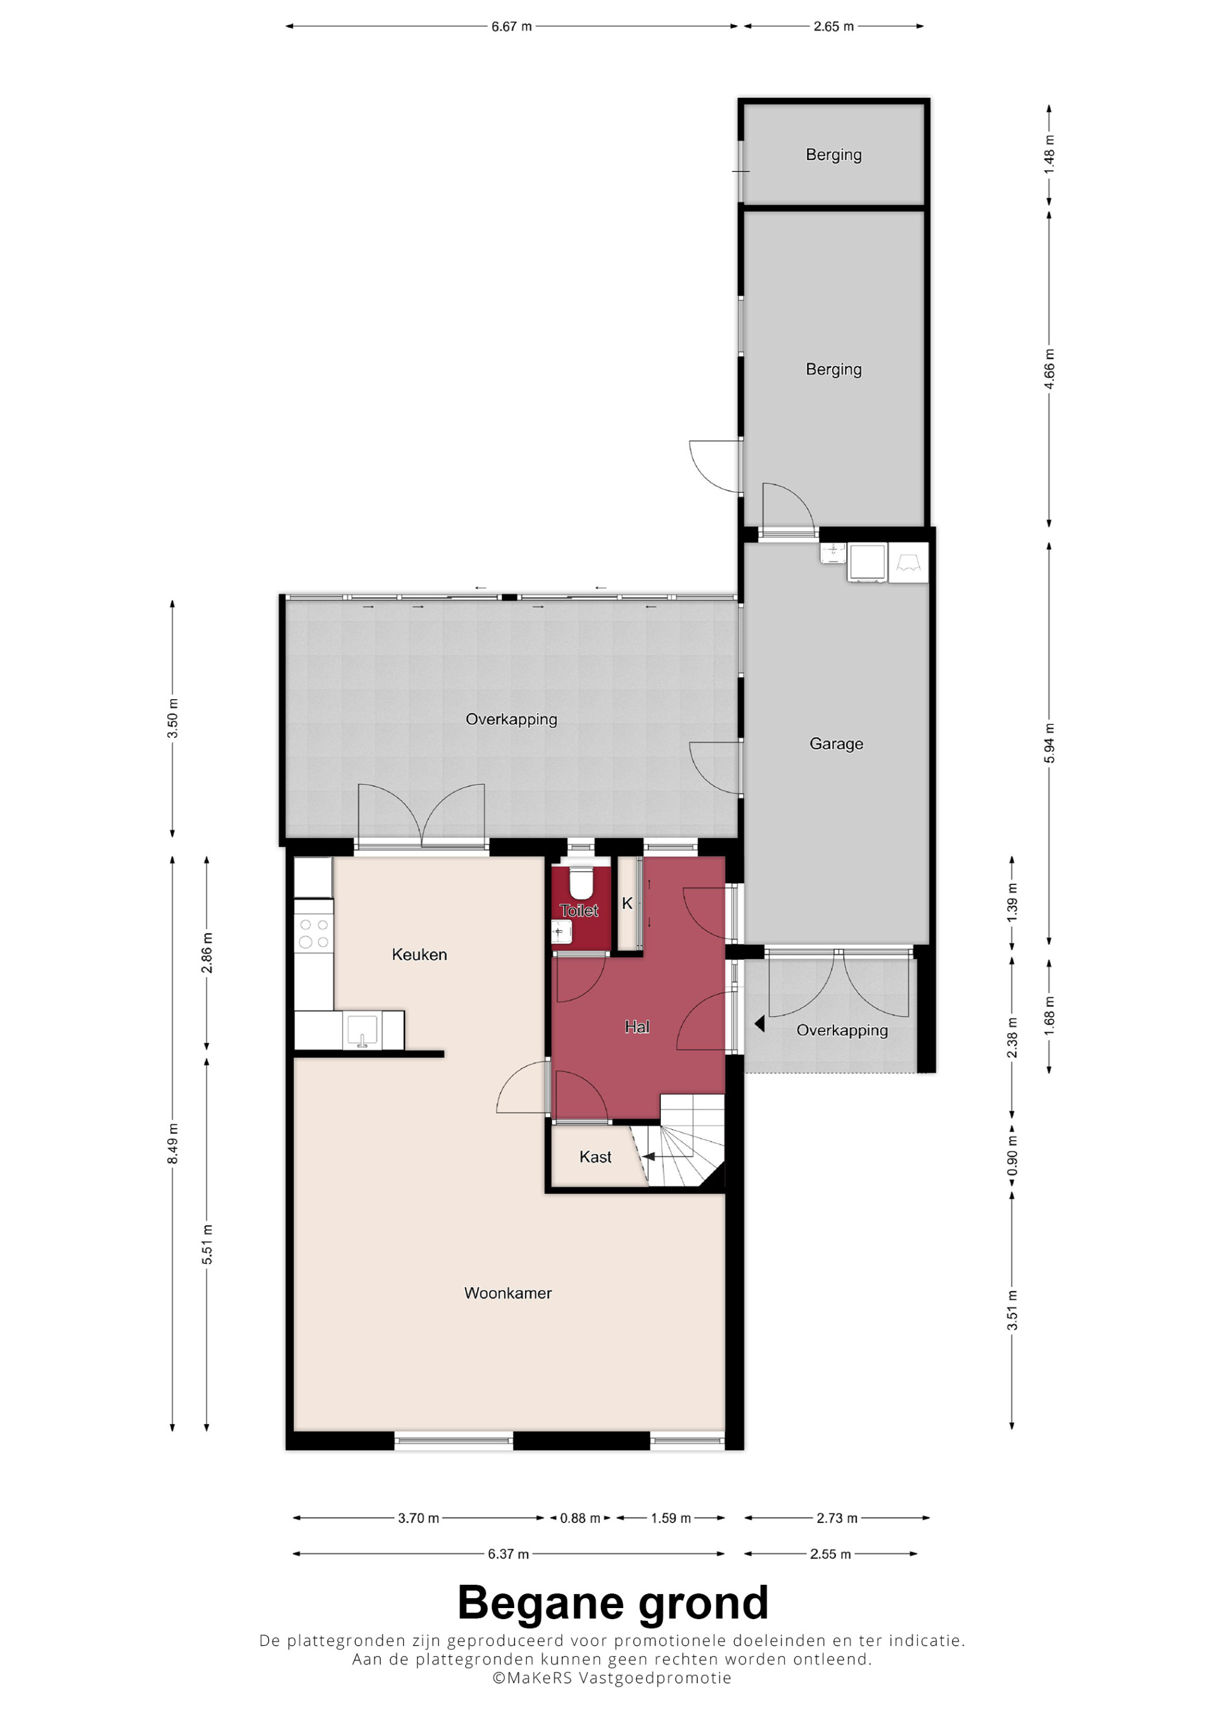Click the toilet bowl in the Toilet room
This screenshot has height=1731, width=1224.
tap(580, 883)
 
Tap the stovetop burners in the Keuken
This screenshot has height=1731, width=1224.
tap(314, 933)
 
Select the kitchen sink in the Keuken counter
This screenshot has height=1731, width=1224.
tap(362, 1029)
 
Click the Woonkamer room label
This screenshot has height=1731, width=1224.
tap(507, 1293)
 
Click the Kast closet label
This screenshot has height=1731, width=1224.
tap(595, 1157)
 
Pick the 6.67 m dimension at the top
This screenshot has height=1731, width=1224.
tap(511, 26)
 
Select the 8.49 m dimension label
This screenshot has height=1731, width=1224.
tap(173, 1143)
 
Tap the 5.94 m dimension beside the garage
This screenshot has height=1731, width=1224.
tap(1049, 743)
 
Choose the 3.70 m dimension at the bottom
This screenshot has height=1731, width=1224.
tap(419, 1518)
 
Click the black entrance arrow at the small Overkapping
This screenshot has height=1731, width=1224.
tap(759, 1024)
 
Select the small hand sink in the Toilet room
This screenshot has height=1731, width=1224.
tap(562, 933)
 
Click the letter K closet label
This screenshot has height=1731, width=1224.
tap(627, 903)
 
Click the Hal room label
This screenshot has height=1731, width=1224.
tap(637, 1027)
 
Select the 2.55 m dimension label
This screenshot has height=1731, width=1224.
tap(830, 1554)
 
